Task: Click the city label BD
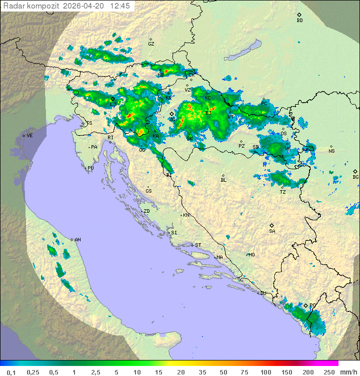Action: tap(299, 21)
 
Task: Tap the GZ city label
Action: tap(151, 44)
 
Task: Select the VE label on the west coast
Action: tap(29, 136)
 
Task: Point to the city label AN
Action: tap(77, 240)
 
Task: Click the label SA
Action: tap(272, 231)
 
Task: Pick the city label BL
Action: tap(223, 180)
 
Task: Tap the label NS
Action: tap(331, 151)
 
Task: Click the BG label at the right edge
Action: tap(355, 177)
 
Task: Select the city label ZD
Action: tap(146, 211)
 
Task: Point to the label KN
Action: tap(186, 215)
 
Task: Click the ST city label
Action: tap(198, 245)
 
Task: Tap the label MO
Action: tap(251, 254)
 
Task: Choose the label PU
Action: tap(90, 168)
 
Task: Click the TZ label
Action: tap(282, 192)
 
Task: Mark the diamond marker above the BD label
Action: tap(299, 15)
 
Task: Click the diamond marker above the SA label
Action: tap(272, 225)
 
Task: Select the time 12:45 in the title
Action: tap(120, 6)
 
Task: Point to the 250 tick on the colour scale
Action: tap(328, 372)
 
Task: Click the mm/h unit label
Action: tap(348, 372)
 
